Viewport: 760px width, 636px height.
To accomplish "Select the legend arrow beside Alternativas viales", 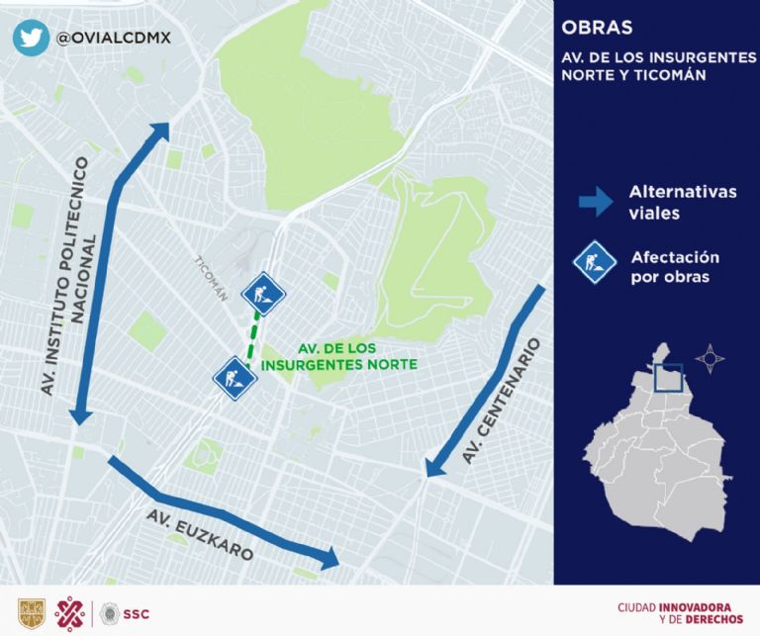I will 595,202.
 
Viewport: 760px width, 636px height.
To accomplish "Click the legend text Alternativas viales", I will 682,202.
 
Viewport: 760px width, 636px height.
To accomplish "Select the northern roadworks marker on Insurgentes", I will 263,293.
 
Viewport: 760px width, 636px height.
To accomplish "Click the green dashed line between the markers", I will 252,335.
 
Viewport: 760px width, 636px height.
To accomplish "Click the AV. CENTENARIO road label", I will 504,402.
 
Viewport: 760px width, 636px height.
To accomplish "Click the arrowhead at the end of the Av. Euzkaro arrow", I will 330,562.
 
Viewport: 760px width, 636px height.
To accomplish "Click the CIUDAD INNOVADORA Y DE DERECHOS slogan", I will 673,613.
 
